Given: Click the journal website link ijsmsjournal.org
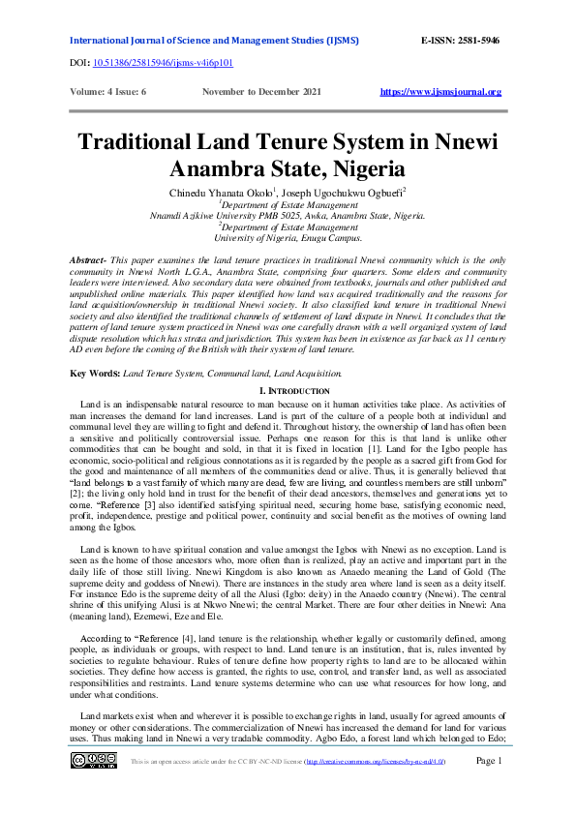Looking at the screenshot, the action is (x=440, y=92).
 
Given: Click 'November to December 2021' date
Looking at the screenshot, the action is (x=262, y=92).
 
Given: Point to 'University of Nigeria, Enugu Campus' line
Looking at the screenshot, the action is (x=288, y=237).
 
